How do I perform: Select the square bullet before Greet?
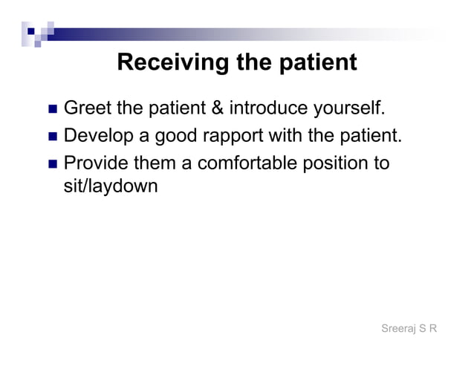click(52, 110)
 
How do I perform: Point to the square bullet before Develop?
click(52, 137)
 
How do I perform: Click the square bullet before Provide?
click(52, 163)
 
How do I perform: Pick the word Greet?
click(88, 109)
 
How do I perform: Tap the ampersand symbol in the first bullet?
click(218, 109)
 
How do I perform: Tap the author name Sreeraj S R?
click(408, 328)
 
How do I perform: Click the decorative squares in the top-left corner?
click(37, 31)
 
